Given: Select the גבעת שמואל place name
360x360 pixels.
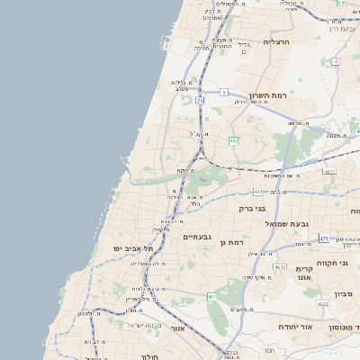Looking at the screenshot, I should coord(287,222).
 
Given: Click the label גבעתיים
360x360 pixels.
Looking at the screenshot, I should coord(196,237).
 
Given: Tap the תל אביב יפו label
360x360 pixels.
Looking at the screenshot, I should coord(133,247).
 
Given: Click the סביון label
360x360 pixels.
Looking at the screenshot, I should coord(343,294).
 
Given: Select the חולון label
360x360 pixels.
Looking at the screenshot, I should coord(147,356).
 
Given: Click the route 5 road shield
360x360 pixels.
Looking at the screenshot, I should coord(224,92).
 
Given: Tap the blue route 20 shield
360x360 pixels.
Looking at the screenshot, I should coord(200,102).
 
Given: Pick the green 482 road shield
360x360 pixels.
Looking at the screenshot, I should coord(233,141).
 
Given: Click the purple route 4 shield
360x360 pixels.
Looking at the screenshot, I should coord(335,61).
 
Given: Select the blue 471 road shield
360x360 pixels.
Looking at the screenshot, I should coord(323,238).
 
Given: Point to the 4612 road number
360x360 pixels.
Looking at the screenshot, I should coord(280,267).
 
